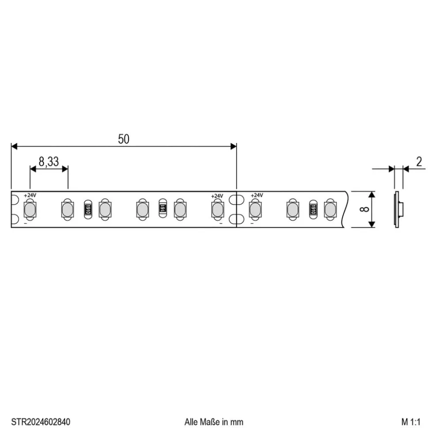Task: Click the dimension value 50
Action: [x=124, y=139]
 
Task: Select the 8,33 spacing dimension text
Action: [x=49, y=162]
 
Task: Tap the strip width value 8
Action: [x=364, y=209]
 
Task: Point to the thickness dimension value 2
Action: [x=419, y=161]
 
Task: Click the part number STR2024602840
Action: [x=41, y=422]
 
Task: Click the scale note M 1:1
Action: [x=411, y=422]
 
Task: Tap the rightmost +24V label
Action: [x=256, y=195]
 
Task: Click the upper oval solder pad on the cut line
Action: [x=237, y=200]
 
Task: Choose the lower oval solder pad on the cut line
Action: [x=237, y=219]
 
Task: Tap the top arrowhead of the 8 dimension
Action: [x=372, y=194]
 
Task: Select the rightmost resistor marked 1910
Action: [x=313, y=208]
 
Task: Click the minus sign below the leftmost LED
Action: [x=25, y=223]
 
